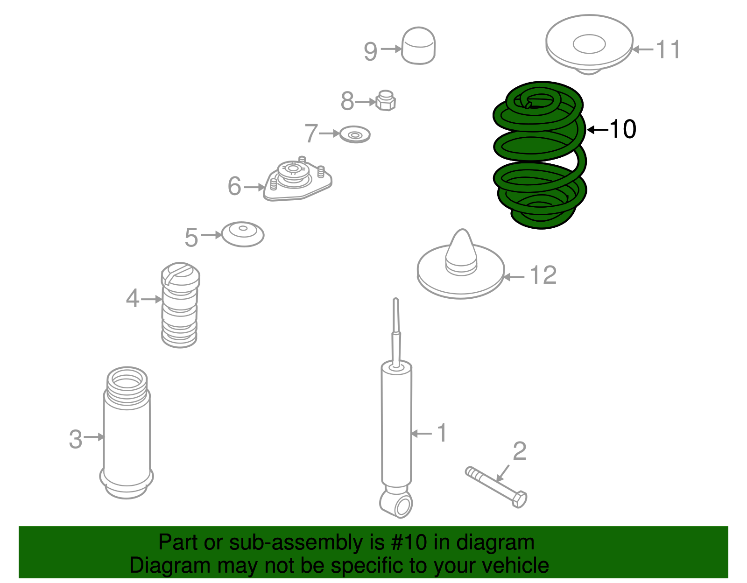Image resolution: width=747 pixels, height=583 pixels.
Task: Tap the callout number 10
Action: [x=622, y=129]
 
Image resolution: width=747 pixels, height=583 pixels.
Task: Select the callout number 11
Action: [x=668, y=49]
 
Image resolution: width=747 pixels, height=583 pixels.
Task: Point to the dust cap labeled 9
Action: [x=418, y=46]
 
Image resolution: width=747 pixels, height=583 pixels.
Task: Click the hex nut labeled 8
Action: [x=385, y=100]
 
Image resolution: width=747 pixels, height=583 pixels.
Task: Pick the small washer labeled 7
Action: [x=355, y=134]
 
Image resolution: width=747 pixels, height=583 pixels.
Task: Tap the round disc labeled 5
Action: [x=243, y=234]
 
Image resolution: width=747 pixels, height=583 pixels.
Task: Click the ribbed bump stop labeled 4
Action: [x=180, y=305]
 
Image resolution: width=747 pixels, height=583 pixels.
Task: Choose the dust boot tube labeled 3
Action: [x=127, y=433]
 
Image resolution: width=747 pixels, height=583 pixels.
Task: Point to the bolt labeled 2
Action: [x=496, y=487]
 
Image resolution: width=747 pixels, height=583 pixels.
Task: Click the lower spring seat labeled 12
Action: [x=461, y=275]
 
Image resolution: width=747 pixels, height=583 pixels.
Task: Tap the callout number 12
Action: [x=543, y=275]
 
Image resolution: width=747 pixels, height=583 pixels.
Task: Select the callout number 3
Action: [x=76, y=439]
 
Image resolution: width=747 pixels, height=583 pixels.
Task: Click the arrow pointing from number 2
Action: [x=502, y=473]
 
